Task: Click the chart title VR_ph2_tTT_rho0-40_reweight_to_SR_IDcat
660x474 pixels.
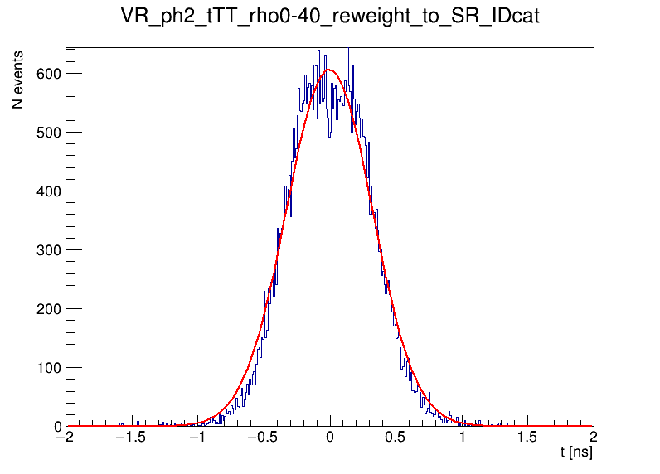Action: [330, 17]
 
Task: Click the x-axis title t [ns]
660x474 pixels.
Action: [576, 452]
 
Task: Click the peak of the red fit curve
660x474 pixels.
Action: [330, 70]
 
